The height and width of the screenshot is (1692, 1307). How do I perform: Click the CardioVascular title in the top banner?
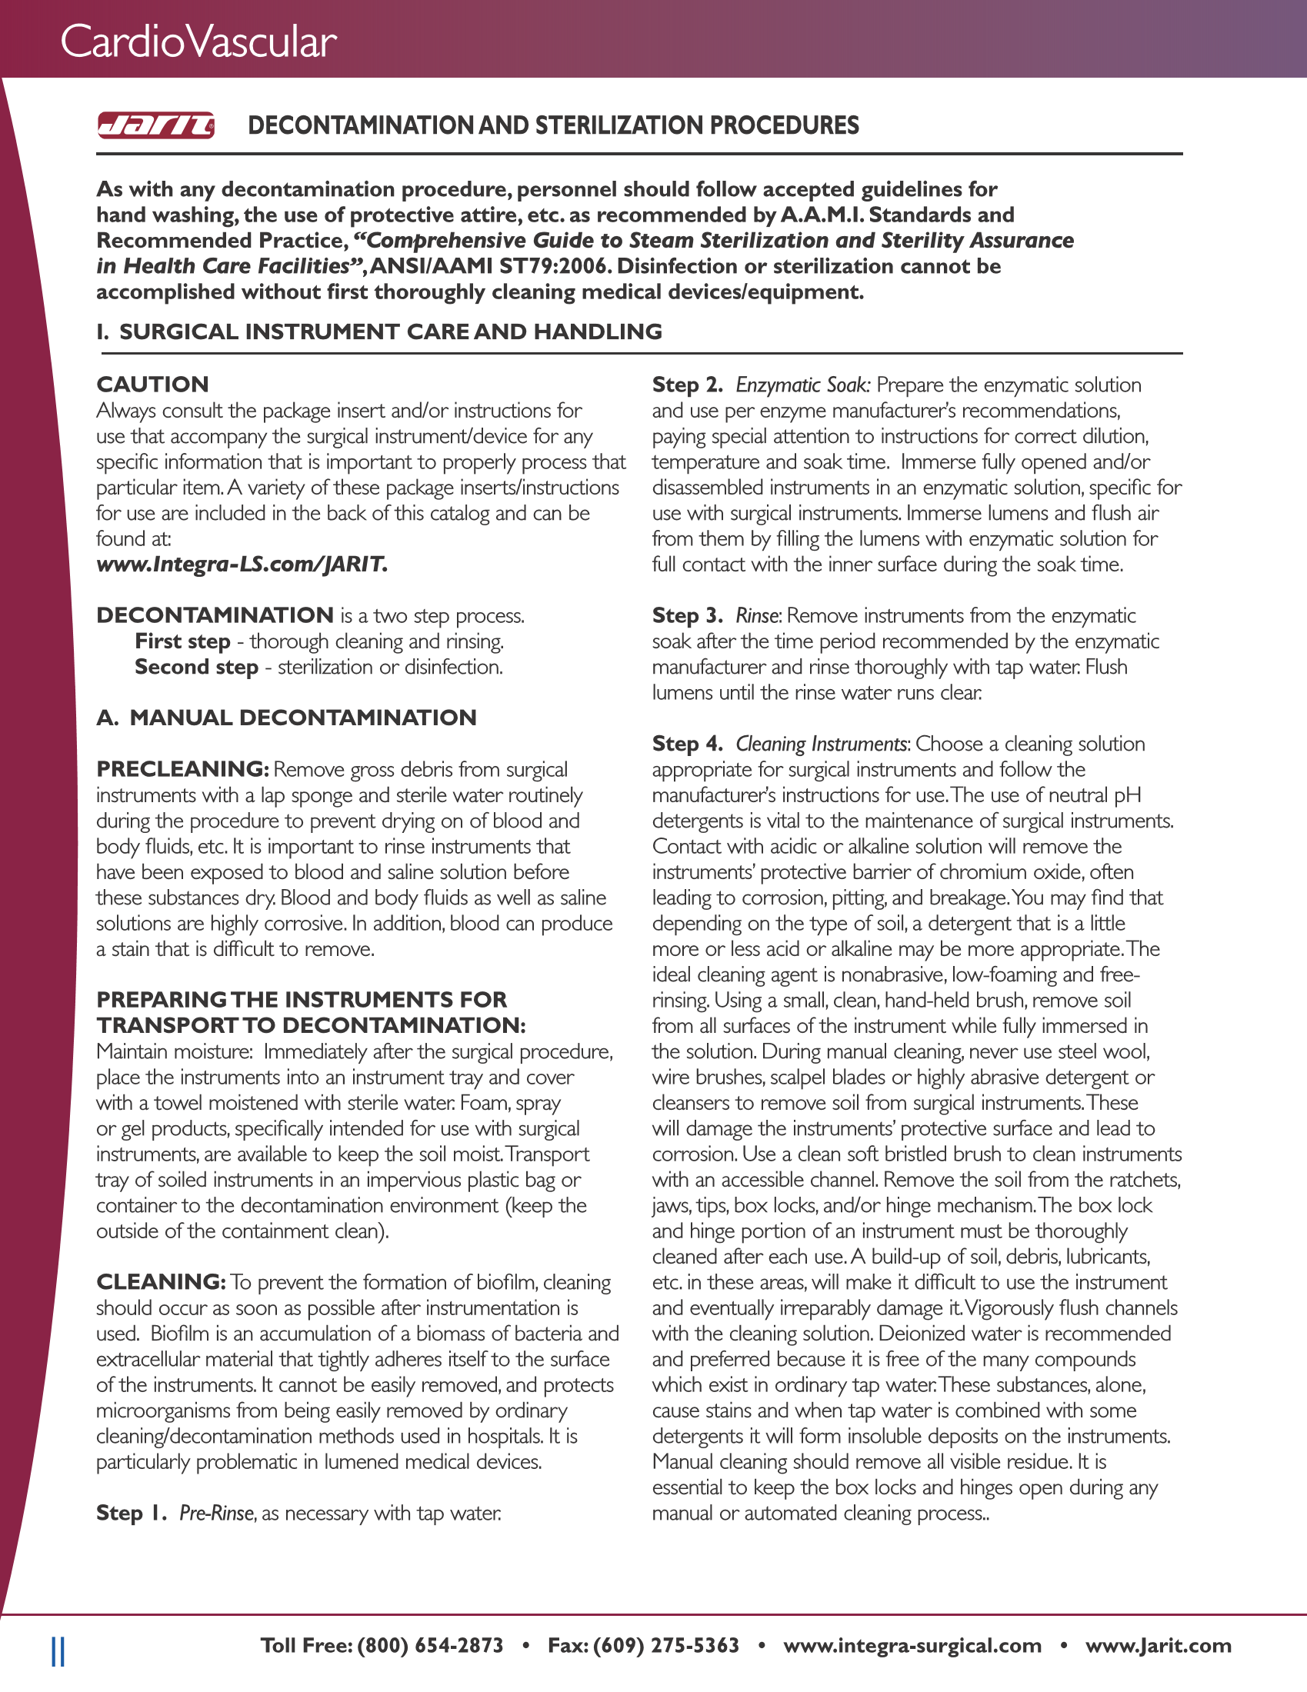(x=198, y=42)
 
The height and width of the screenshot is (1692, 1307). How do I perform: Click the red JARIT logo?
(x=155, y=125)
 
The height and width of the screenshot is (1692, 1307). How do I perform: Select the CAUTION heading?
(x=152, y=385)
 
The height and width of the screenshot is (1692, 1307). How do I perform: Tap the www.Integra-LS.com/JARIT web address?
(x=242, y=564)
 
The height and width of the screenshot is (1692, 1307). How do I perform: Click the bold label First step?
(x=183, y=641)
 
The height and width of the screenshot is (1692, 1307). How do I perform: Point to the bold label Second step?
(x=196, y=667)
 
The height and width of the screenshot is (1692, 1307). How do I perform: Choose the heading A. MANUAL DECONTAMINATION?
(x=286, y=718)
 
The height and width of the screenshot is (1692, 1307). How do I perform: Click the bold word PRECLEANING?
(x=182, y=769)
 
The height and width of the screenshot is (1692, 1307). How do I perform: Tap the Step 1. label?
(x=132, y=1513)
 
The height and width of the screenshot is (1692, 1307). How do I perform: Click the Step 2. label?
(x=687, y=385)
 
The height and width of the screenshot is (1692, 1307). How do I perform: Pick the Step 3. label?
(x=687, y=616)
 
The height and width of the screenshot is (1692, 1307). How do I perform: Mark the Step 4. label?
(x=687, y=744)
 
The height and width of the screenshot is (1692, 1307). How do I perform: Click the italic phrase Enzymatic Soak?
(x=803, y=385)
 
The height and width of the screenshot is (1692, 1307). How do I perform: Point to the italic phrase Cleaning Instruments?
(x=822, y=744)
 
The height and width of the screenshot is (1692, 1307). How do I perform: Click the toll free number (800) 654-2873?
(x=430, y=1646)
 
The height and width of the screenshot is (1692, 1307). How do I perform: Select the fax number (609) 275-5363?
(x=666, y=1646)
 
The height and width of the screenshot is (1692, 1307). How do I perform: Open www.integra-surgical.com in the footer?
(x=912, y=1646)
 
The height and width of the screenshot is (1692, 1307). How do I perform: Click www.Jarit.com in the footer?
(x=1159, y=1646)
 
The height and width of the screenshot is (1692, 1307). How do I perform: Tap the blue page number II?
(x=58, y=1651)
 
